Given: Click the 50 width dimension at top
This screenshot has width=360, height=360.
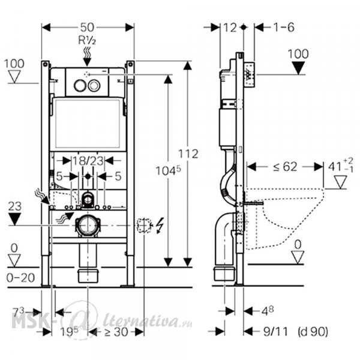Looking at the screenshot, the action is pyautogui.click(x=87, y=28).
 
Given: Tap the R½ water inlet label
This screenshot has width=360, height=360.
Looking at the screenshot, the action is pyautogui.click(x=87, y=40).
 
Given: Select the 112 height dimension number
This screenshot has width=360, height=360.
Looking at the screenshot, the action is pyautogui.click(x=188, y=154).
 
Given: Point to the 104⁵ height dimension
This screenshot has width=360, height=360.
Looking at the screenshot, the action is pyautogui.click(x=168, y=170).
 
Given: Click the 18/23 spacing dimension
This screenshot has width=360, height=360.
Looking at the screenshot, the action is pyautogui.click(x=88, y=161).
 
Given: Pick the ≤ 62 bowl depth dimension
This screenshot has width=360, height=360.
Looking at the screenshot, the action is pyautogui.click(x=285, y=167).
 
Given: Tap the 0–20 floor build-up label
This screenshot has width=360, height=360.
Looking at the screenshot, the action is pyautogui.click(x=20, y=278).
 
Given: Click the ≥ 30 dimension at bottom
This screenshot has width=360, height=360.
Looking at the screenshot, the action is pyautogui.click(x=116, y=332).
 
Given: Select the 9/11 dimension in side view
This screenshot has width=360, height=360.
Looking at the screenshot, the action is pyautogui.click(x=275, y=332).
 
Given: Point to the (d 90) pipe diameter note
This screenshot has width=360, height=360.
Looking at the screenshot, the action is pyautogui.click(x=313, y=332).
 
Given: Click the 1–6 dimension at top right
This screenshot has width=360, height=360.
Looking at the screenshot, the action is pyautogui.click(x=284, y=28).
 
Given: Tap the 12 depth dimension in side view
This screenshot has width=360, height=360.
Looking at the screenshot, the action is pyautogui.click(x=230, y=28).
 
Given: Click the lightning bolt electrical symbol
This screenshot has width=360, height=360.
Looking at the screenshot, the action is pyautogui.click(x=160, y=225).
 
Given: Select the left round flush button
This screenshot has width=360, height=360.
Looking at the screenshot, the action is pyautogui.click(x=80, y=85).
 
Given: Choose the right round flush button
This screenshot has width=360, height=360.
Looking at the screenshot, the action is pyautogui.click(x=94, y=85).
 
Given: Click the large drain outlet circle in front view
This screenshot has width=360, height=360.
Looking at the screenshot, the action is pyautogui.click(x=88, y=226).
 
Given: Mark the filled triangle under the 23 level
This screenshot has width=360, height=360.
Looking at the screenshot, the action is pyautogui.click(x=14, y=219).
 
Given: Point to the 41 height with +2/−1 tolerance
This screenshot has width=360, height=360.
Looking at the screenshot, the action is pyautogui.click(x=340, y=166).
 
